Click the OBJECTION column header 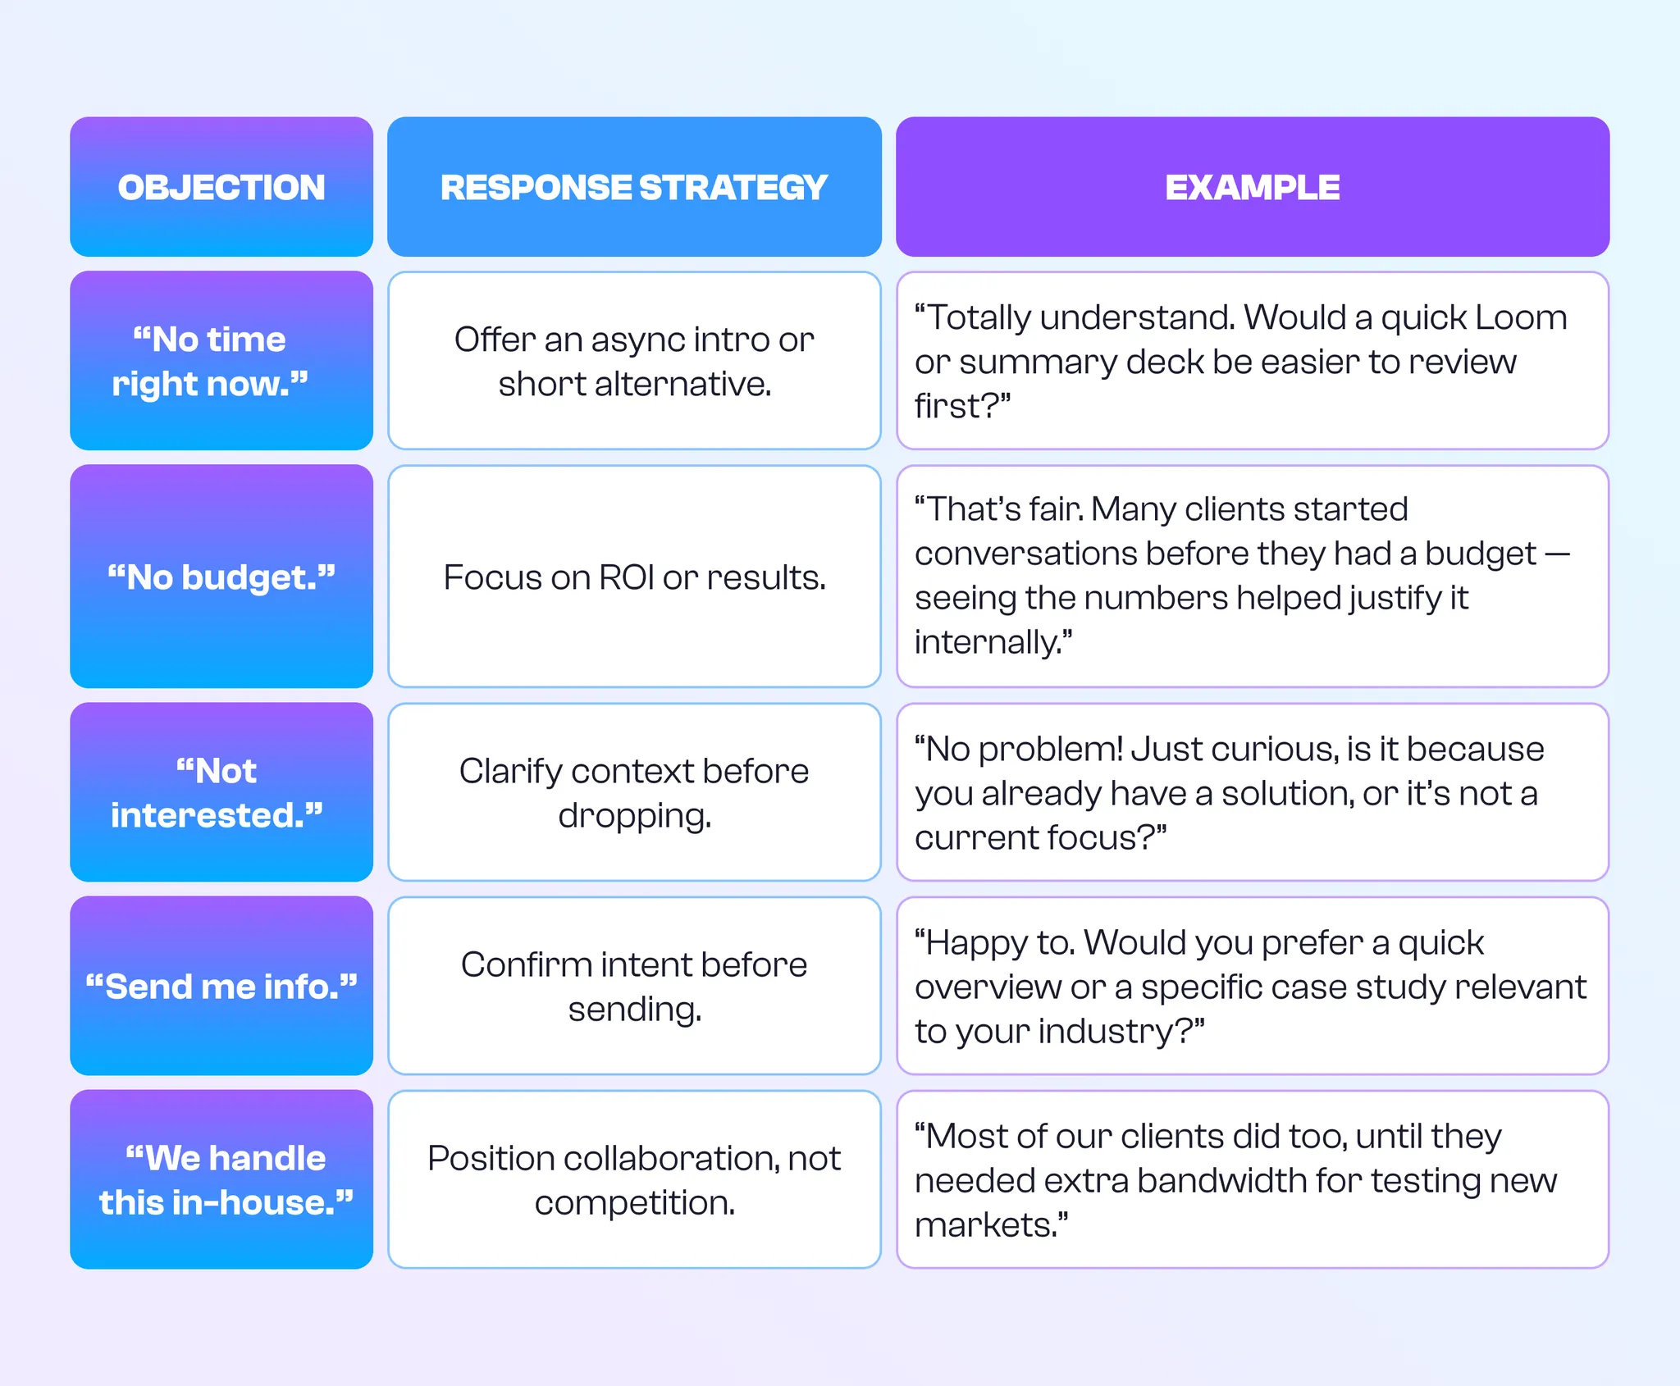pos(221,188)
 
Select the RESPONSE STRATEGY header pos(634,188)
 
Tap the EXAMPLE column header pos(1252,188)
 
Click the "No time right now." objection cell pos(221,361)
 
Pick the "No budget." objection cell pos(221,577)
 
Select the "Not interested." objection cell pos(221,792)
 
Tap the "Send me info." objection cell pos(221,986)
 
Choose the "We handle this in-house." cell pos(221,1179)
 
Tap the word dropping pos(634,816)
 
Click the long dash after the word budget pos(1557,554)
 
